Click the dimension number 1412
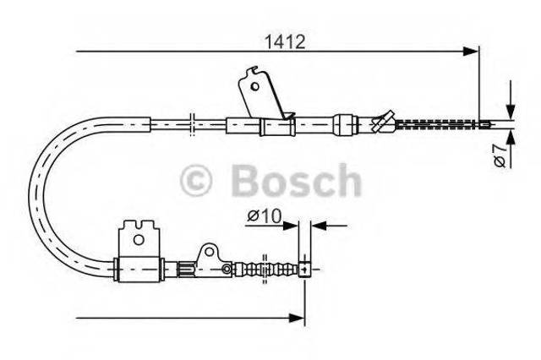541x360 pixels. [285, 42]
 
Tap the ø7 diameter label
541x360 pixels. [500, 156]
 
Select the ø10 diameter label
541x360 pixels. [265, 216]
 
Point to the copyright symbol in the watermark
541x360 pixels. [196, 180]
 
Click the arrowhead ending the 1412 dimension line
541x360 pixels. [471, 52]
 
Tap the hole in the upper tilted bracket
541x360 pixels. [255, 86]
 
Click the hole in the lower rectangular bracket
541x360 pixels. [139, 239]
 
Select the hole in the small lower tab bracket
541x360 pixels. [209, 252]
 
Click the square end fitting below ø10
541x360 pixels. [304, 270]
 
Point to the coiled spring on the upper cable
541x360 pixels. [438, 124]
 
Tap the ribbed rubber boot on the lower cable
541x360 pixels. [265, 270]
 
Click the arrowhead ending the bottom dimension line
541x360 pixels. [297, 318]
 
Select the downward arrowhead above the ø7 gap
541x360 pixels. [511, 112]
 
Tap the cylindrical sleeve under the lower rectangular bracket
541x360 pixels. [139, 270]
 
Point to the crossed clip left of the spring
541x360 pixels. [383, 121]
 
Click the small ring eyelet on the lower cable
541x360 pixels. [227, 269]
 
